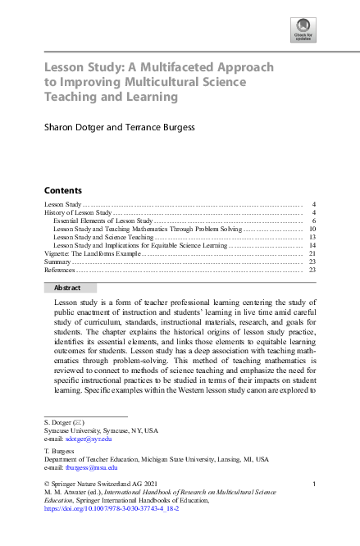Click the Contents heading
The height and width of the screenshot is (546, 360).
(x=62, y=189)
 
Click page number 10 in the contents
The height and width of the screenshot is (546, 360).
(x=312, y=230)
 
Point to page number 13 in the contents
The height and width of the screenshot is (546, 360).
(x=312, y=238)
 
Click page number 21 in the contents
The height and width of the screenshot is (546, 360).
(x=312, y=254)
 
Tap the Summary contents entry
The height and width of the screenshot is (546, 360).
(x=57, y=262)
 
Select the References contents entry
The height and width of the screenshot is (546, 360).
(x=60, y=270)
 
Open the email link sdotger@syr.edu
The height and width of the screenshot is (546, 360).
(x=89, y=439)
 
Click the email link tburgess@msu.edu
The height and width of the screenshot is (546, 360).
(x=92, y=467)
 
